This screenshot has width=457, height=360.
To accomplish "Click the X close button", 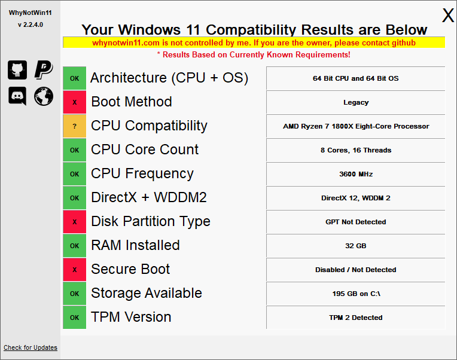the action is [448, 15].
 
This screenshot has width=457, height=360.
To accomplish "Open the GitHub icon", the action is [17, 70].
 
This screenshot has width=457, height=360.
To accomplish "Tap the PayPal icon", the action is [44, 70].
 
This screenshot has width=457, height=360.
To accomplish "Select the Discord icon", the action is [17, 96].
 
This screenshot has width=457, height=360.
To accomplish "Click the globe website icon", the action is [44, 96].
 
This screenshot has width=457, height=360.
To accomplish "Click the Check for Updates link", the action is [31, 347].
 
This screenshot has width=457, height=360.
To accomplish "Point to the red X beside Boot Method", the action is [75, 102].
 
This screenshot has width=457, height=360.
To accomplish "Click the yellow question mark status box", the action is [75, 126].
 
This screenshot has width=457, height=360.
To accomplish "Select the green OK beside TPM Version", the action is [75, 317].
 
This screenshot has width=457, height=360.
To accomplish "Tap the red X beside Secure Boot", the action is [75, 270].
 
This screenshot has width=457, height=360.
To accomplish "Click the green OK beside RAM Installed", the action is [75, 246].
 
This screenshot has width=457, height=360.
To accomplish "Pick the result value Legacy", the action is [356, 102].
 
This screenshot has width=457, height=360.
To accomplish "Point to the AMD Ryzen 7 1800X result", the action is [356, 126].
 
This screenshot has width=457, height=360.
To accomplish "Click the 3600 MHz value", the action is [356, 174].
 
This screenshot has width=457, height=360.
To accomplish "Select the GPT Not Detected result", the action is [356, 222].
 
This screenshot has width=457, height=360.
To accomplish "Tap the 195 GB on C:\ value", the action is [356, 294].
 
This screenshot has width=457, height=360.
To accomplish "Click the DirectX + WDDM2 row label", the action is [149, 197].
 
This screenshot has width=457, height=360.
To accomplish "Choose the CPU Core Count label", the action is [145, 150].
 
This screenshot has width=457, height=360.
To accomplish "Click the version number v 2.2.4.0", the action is [31, 25].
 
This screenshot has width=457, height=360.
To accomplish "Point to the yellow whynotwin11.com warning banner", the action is [254, 42].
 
